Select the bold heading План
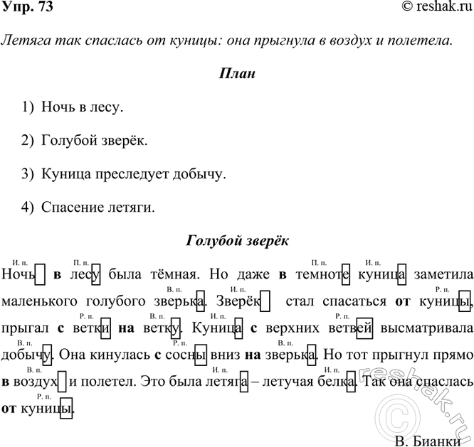click(236, 74)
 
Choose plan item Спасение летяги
click(98, 207)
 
